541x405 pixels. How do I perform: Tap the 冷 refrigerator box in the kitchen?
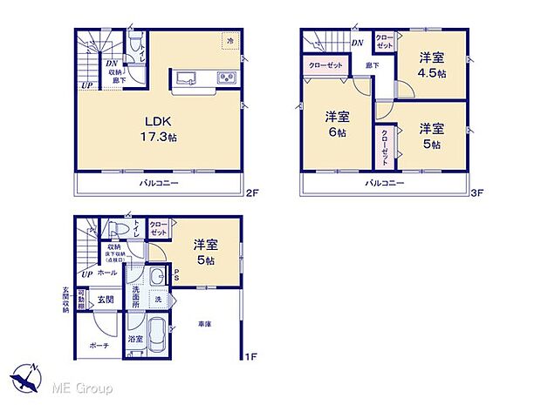pyautogui.click(x=230, y=42)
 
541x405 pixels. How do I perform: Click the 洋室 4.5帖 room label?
pyautogui.click(x=431, y=65)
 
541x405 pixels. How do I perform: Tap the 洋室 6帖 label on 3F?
pyautogui.click(x=339, y=124)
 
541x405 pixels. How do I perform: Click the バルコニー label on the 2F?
pyautogui.click(x=159, y=185)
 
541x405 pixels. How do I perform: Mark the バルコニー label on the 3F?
pyautogui.click(x=384, y=184)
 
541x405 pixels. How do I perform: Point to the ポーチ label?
pyautogui.click(x=98, y=345)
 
